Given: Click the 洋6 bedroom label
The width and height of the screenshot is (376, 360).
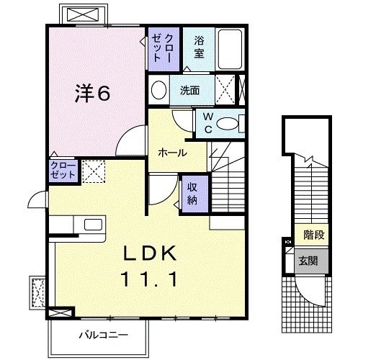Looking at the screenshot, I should [94, 93].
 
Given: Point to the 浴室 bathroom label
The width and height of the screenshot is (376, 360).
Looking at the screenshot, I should [199, 48].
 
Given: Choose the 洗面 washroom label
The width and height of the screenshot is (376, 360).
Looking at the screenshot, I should [190, 91].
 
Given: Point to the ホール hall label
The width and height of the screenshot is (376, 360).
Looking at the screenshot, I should [173, 153].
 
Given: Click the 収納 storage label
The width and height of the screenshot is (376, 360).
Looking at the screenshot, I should [193, 192].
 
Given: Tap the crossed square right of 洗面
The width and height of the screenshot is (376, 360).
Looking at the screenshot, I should [226, 91].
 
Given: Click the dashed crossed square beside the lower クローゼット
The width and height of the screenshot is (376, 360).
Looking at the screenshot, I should [93, 171].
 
